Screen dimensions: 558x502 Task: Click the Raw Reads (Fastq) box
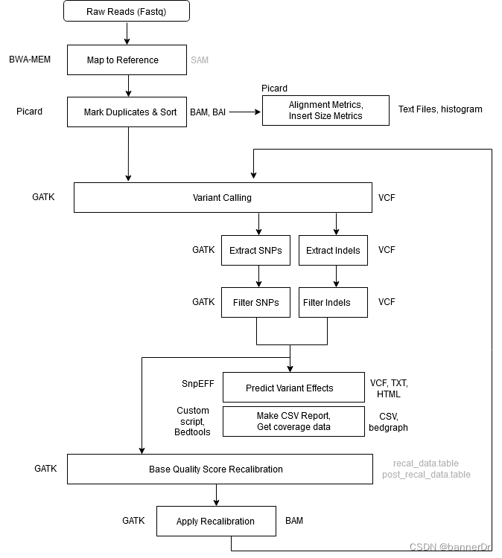click(127, 11)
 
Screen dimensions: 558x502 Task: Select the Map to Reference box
click(127, 60)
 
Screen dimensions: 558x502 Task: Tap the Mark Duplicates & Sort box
click(127, 112)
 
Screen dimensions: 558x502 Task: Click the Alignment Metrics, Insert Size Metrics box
click(325, 110)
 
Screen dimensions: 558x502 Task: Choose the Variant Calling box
click(223, 198)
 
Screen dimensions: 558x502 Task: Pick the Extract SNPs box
click(255, 250)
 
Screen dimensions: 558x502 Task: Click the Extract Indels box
click(333, 250)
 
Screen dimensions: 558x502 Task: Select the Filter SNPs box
click(255, 302)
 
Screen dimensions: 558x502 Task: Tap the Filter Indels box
click(333, 302)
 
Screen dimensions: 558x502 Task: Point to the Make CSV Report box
click(293, 421)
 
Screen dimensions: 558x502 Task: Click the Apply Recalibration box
click(216, 521)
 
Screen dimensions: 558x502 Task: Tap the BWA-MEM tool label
click(31, 60)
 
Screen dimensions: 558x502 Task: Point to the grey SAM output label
click(200, 60)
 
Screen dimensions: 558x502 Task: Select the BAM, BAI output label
click(209, 112)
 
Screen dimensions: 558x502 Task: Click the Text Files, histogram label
click(440, 109)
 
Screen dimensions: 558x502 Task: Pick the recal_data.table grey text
click(426, 464)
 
